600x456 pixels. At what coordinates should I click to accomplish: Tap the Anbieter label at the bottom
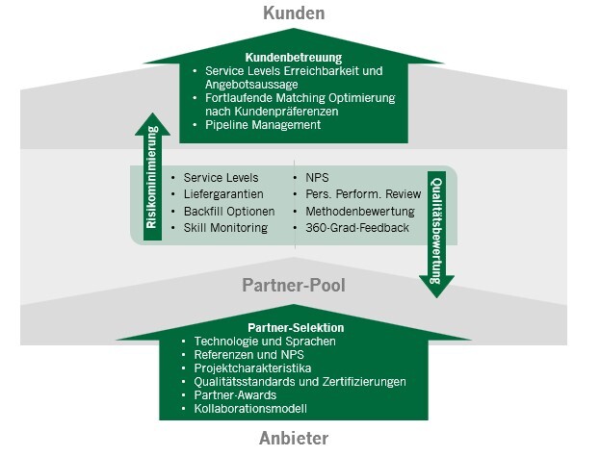293,439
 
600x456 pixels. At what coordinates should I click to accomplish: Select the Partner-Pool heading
295,286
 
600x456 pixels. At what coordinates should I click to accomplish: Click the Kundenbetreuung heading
293,57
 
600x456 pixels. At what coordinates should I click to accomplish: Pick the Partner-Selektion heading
294,327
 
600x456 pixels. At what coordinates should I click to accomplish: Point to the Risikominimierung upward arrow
151,178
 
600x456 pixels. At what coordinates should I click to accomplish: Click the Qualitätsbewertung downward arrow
435,231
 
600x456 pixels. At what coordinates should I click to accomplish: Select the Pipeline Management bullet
261,125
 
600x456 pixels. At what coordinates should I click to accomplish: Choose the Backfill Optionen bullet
228,211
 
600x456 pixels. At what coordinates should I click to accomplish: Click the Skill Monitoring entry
225,227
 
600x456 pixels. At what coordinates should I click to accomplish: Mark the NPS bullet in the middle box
316,178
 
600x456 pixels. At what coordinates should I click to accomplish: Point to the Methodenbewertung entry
360,211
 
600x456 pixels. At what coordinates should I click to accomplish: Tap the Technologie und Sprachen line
264,341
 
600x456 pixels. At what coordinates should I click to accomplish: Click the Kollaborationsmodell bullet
249,408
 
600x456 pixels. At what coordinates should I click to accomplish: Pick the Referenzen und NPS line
248,354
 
